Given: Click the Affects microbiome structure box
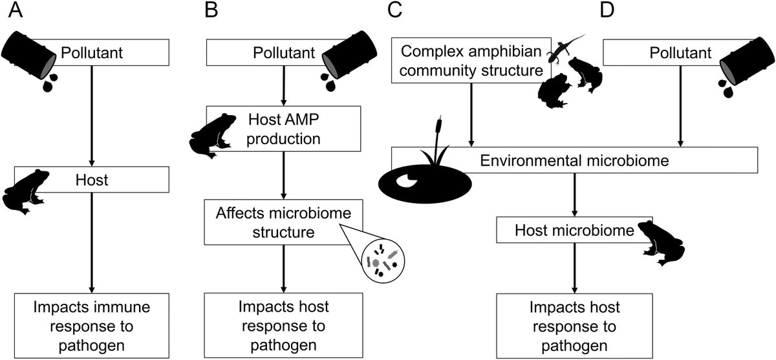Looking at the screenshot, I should tap(283, 222).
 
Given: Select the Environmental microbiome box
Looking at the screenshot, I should tap(574, 160).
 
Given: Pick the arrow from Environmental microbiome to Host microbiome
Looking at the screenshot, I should tap(575, 195).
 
